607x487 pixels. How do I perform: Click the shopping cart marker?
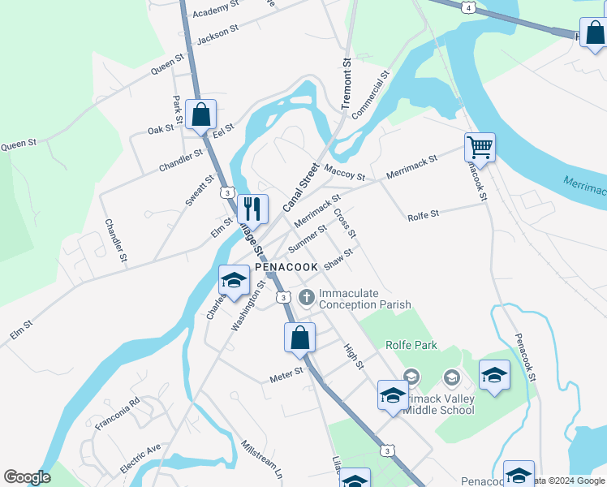point(480,148)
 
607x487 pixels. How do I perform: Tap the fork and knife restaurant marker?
point(252,209)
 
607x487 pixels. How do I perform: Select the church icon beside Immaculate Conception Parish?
point(307,298)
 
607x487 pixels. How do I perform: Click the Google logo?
point(27,477)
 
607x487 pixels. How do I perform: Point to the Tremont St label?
point(347,84)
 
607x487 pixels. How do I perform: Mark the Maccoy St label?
point(344,171)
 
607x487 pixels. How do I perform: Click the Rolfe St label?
point(423,215)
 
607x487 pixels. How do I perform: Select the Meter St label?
point(286,374)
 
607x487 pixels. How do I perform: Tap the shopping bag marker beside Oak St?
point(200,114)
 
